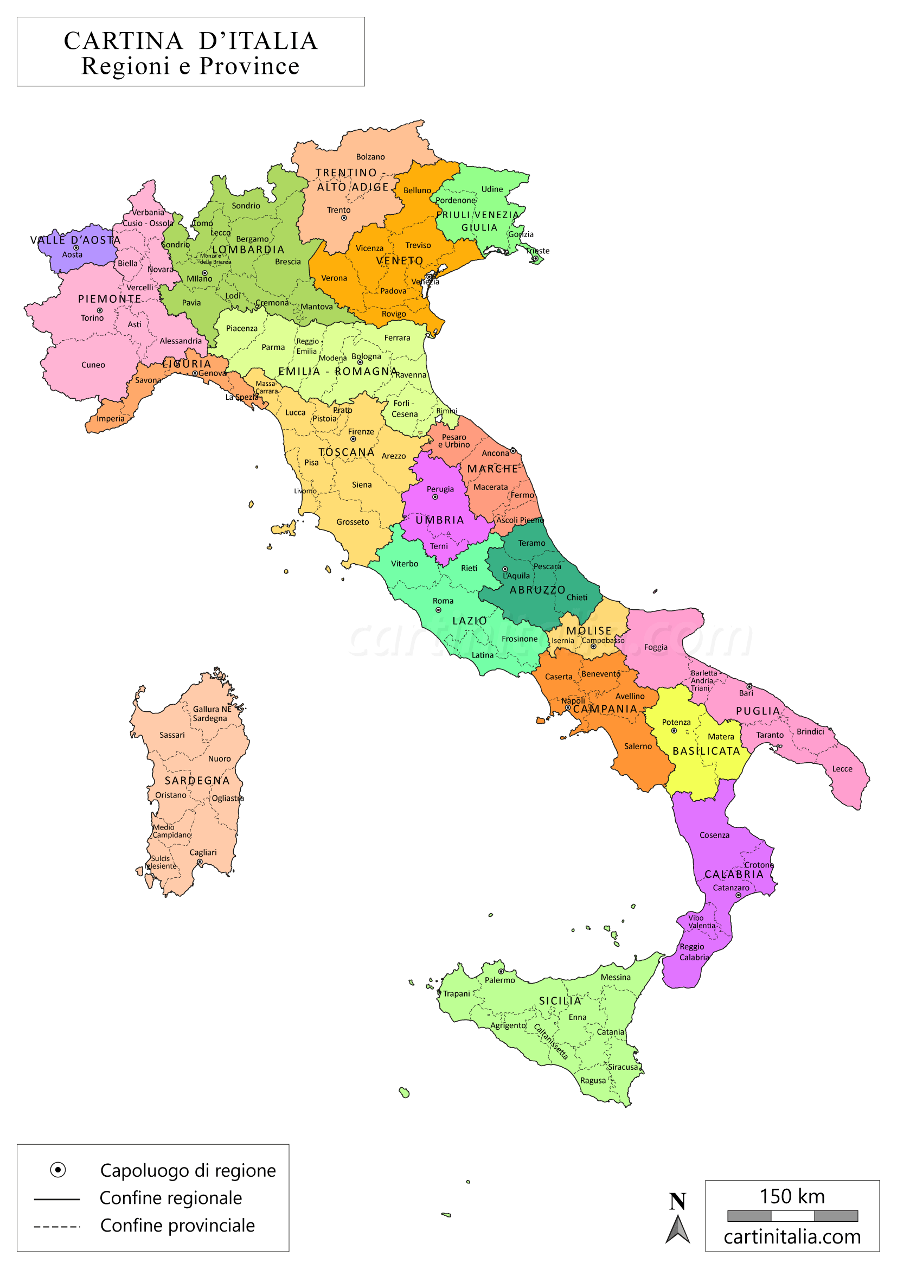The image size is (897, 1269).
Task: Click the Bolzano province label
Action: (370, 157)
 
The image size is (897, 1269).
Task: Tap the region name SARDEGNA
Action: (197, 780)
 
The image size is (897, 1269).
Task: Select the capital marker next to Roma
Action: (439, 610)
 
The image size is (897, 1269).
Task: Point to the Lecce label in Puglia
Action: (842, 769)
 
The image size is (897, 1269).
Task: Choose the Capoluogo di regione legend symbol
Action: (58, 1170)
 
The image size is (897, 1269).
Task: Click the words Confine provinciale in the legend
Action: (177, 1226)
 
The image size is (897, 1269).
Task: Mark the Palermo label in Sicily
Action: (499, 980)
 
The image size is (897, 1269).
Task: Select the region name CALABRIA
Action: (734, 875)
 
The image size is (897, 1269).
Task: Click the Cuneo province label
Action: (93, 365)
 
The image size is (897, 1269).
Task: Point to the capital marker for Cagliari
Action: (200, 862)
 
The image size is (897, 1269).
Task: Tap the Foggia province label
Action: (656, 647)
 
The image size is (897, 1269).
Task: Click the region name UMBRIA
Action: (440, 520)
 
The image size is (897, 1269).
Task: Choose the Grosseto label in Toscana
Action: (353, 522)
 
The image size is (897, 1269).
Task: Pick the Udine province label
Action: (492, 189)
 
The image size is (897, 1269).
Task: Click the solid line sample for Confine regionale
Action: (57, 1200)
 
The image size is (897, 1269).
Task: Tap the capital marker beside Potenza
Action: (674, 731)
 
